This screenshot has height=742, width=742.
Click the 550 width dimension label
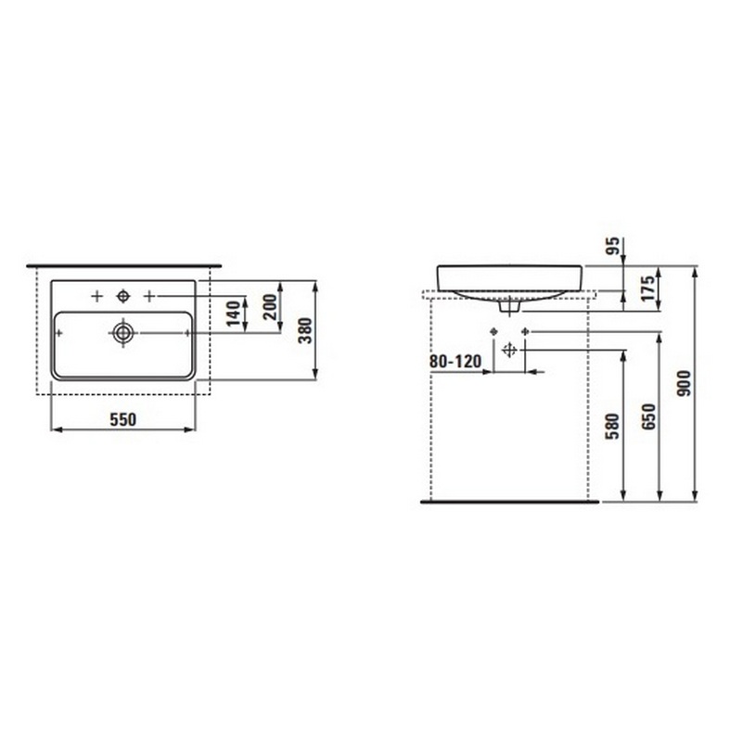pyautogui.click(x=123, y=419)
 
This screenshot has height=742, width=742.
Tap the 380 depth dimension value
pyautogui.click(x=306, y=330)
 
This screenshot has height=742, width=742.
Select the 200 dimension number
pyautogui.click(x=270, y=307)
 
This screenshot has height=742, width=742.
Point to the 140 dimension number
pyautogui.click(x=234, y=313)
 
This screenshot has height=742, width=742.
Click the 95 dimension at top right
pyautogui.click(x=613, y=246)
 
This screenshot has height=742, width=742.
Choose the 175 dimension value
pyautogui.click(x=647, y=288)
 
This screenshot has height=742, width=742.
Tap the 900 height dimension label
pyautogui.click(x=684, y=383)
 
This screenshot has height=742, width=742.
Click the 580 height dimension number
pyautogui.click(x=612, y=426)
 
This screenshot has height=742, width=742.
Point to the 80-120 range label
pyautogui.click(x=455, y=362)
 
